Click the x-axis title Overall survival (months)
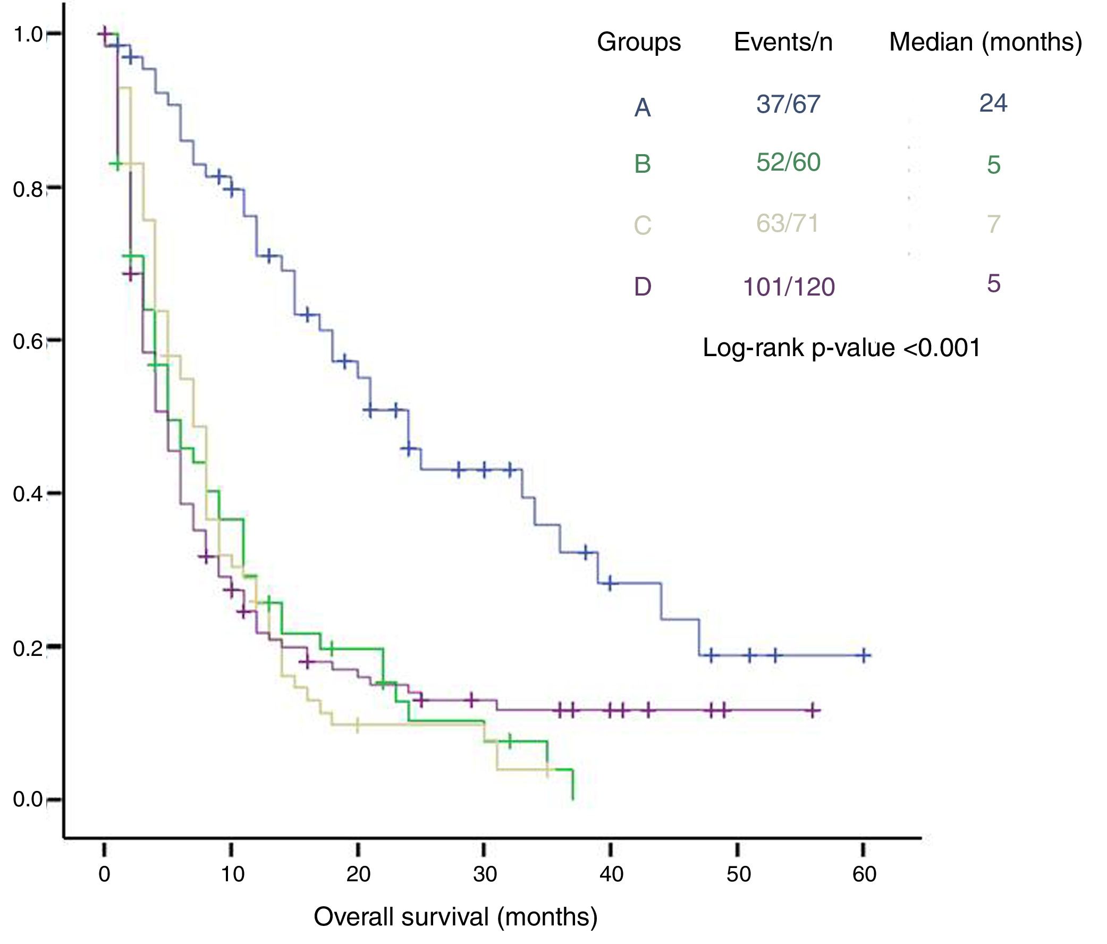click(455, 917)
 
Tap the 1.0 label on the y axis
click(27, 35)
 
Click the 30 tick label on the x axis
click(485, 874)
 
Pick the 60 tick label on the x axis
click(864, 874)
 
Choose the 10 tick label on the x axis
click(232, 874)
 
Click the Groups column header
click(638, 41)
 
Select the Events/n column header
click(783, 41)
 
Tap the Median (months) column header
click(985, 41)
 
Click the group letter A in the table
click(642, 108)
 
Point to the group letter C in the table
click(642, 225)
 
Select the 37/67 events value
click(788, 104)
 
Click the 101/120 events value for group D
click(789, 288)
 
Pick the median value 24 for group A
click(993, 103)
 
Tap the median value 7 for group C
click(993, 224)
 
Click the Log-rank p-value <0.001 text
click(841, 348)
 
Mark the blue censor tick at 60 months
click(864, 655)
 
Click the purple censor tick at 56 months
click(813, 711)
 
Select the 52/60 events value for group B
click(788, 163)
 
